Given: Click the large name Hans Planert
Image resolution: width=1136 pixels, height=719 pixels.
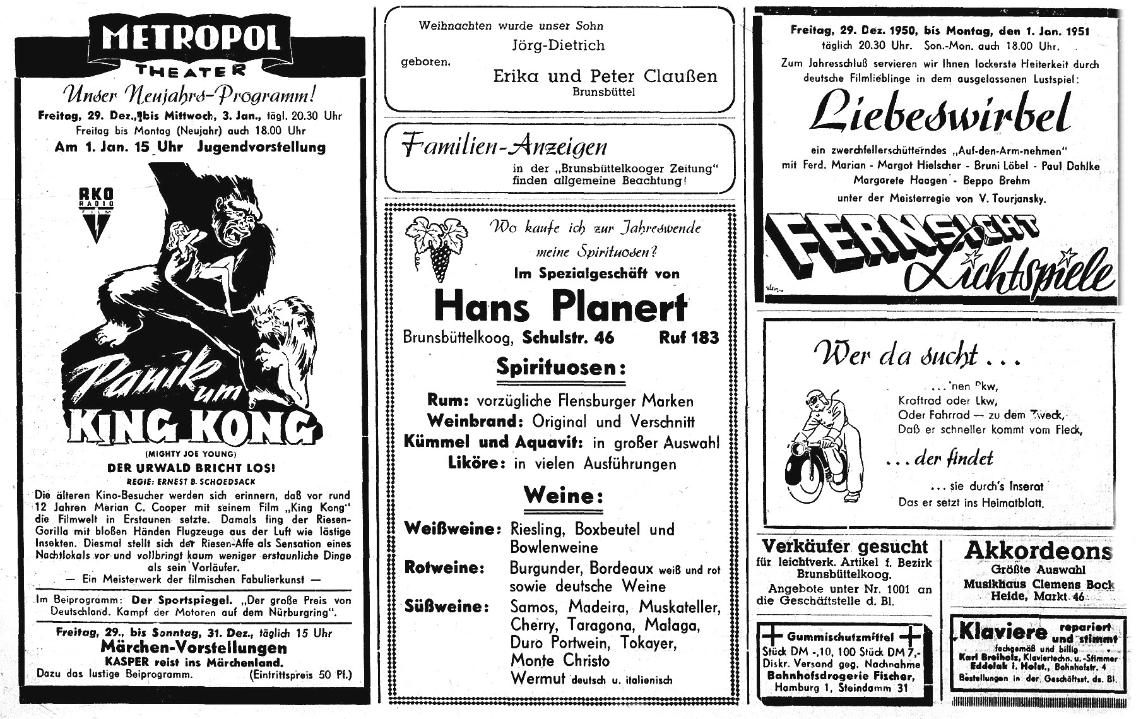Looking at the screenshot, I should click(x=560, y=307).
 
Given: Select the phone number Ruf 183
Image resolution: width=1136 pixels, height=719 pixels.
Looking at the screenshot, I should click(x=688, y=338).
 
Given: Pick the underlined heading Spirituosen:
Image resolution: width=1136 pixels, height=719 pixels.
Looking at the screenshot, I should click(x=560, y=369).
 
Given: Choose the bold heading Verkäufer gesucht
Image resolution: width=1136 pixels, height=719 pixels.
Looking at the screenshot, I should click(x=845, y=547).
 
